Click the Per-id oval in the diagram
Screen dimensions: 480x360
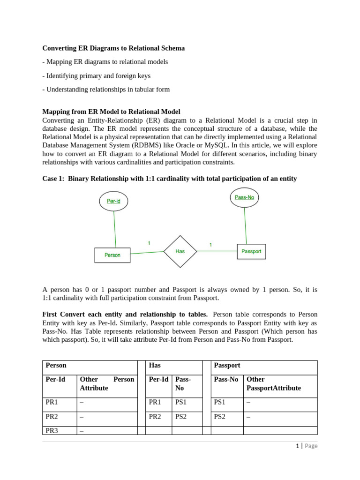coord(113,201)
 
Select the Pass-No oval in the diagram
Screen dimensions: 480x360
coord(244,197)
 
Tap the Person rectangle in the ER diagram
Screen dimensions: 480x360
coord(112,255)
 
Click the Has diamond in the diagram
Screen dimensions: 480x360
coord(180,251)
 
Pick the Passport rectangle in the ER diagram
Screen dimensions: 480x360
coord(251,251)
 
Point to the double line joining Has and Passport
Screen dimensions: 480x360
coord(217,251)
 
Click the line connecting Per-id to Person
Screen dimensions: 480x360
coord(115,230)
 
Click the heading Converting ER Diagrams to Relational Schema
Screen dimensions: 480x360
coord(113,48)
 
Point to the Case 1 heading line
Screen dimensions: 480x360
coord(169,179)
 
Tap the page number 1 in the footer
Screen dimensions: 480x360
coord(298,446)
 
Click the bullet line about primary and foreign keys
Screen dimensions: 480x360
coord(97,75)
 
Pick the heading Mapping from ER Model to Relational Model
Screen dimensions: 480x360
coord(111,112)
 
